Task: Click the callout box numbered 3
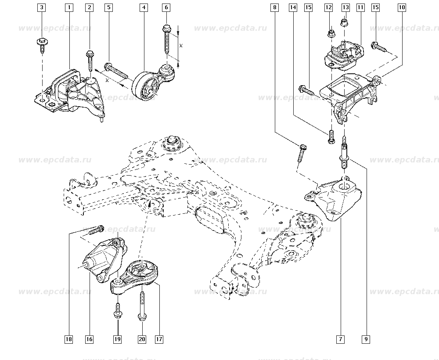41,7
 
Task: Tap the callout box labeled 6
166,7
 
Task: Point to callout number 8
275,7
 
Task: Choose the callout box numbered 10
402,7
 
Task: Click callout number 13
345,7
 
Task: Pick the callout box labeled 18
68,339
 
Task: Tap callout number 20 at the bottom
142,339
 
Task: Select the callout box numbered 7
341,339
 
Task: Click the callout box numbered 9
366,339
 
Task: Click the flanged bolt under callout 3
41,44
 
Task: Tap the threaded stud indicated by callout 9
343,154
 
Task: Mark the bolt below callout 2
90,59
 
